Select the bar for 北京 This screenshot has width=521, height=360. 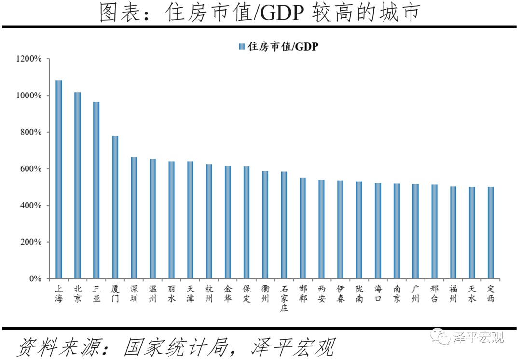(x=78, y=185)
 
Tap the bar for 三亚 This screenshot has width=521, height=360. (x=96, y=190)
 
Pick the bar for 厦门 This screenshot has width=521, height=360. (x=115, y=207)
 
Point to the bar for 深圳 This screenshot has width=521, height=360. (x=134, y=218)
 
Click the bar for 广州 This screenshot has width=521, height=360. (x=415, y=231)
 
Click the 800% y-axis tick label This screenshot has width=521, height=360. (x=31, y=132)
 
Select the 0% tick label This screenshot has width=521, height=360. (x=35, y=279)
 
